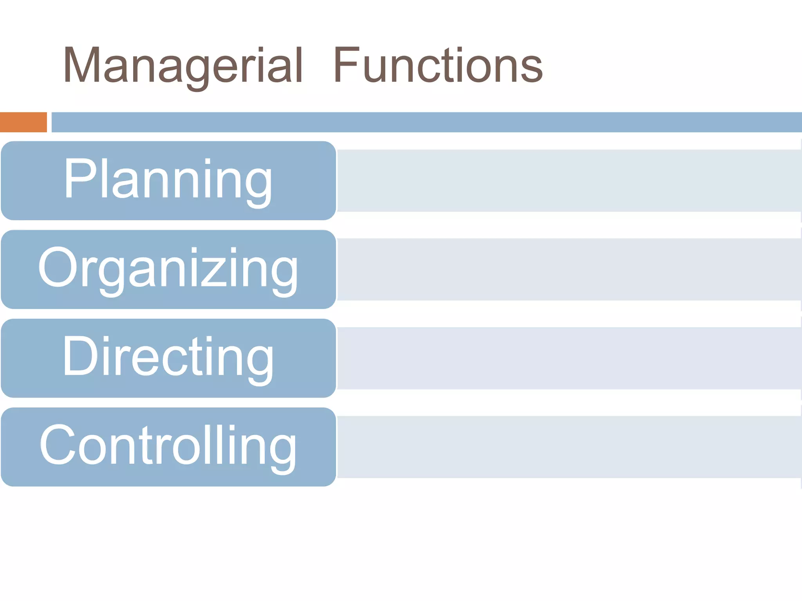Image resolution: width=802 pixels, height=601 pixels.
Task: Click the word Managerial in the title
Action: (x=183, y=66)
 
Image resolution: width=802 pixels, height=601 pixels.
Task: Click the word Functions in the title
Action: (x=438, y=66)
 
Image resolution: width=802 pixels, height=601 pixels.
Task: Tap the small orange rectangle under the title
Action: (x=23, y=122)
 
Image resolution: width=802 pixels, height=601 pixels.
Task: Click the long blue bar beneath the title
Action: (x=426, y=122)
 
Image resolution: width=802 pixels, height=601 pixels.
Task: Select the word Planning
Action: (x=168, y=180)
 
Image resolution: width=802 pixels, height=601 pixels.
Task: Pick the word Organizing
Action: (x=168, y=269)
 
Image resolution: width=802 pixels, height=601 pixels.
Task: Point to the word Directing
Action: (x=168, y=357)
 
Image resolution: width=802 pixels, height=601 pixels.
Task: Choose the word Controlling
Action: (x=168, y=446)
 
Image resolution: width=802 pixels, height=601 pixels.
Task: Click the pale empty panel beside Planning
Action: (x=569, y=180)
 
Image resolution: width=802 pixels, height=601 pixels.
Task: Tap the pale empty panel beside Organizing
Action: (x=569, y=269)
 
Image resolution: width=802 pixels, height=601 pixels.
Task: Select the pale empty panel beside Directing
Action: (x=569, y=358)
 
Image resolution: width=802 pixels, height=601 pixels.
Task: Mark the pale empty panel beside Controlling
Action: (x=569, y=447)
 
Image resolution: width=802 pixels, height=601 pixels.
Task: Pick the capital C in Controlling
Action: (x=58, y=444)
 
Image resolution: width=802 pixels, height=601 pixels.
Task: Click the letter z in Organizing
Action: (x=213, y=271)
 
